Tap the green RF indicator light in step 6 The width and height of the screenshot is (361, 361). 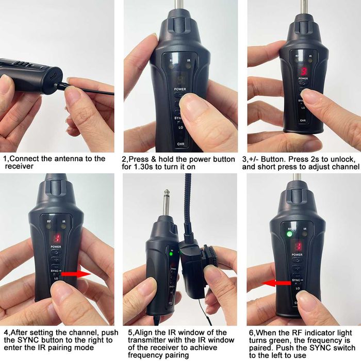[289, 234]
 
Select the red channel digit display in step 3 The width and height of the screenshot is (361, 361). [304, 72]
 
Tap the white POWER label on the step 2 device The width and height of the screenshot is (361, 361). [179, 89]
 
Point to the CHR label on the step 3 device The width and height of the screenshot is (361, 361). [303, 120]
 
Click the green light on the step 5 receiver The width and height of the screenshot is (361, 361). [171, 253]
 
